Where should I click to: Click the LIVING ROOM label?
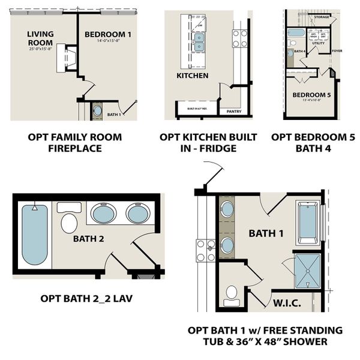(x=40, y=38)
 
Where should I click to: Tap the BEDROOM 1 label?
(x=108, y=34)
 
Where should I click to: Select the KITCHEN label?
(x=192, y=76)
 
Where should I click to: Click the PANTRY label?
(x=234, y=111)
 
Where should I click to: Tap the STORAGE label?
(x=321, y=17)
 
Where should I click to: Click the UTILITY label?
(x=318, y=43)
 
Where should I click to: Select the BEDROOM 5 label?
(x=311, y=95)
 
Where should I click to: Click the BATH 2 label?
(x=89, y=239)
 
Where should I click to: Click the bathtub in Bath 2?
(x=35, y=235)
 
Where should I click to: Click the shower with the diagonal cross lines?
(x=308, y=271)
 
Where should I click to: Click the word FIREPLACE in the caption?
(x=75, y=148)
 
